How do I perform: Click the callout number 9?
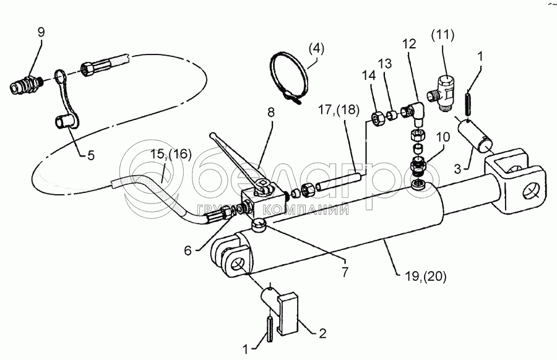click(41, 33)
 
